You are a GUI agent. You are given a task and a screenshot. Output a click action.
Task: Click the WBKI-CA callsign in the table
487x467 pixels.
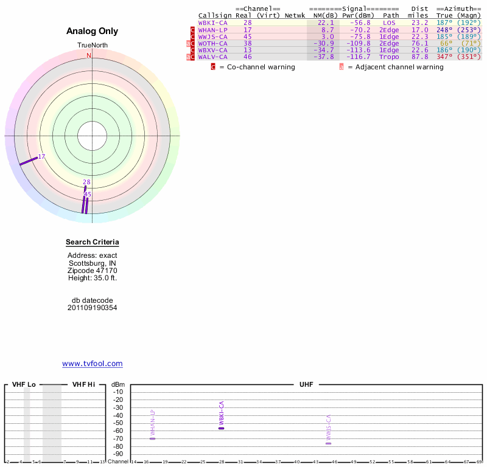212,22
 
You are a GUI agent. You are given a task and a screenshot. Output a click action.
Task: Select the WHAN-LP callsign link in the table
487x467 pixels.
212,30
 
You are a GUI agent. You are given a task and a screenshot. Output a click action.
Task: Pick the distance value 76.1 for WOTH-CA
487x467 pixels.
419,43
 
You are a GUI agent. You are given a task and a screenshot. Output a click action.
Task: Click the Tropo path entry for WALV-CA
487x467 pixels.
391,57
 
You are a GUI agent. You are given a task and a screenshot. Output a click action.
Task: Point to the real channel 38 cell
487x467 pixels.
248,43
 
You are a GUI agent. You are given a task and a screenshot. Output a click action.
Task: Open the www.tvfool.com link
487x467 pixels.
93,364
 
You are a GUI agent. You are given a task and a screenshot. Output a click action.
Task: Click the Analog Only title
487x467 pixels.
93,31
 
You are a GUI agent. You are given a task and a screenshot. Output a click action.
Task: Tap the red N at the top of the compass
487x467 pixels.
89,55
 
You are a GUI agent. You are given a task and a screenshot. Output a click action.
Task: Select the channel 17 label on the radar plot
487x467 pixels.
42,157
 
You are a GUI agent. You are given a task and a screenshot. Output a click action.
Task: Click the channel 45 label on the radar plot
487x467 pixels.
88,195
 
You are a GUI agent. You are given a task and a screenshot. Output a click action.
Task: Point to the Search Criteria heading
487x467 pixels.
93,243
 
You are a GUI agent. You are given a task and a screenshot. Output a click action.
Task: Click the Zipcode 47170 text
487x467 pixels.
93,271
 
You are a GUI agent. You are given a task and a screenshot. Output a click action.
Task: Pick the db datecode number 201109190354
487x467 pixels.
93,308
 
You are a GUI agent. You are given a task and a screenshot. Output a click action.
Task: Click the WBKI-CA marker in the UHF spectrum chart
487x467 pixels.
222,428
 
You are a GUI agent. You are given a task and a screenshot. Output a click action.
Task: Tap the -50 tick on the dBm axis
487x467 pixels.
118,423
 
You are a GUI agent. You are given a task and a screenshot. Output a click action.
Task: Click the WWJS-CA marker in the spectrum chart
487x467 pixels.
329,443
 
